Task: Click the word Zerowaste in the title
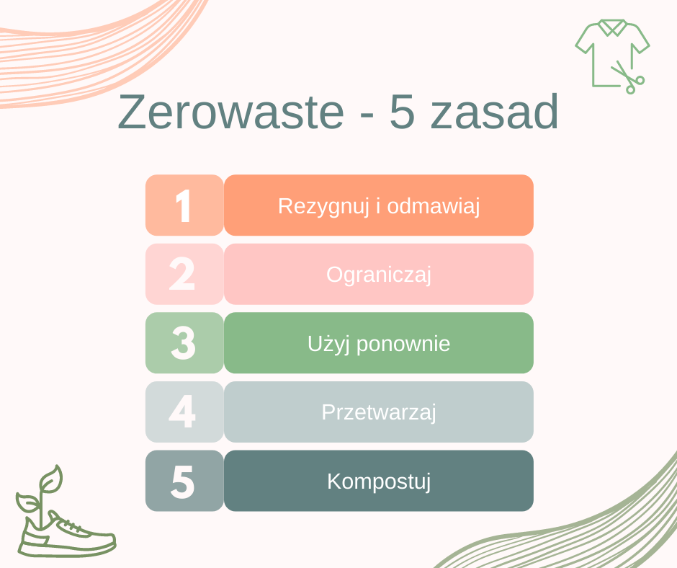231,112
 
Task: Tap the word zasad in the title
494,112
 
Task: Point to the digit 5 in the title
402,112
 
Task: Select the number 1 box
184,205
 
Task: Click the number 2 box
184,274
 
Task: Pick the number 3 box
184,343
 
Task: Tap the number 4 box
184,412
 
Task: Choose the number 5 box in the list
184,481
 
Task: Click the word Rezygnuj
323,207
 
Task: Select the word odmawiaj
434,206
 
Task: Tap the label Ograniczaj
379,275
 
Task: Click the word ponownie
403,345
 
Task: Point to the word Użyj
328,345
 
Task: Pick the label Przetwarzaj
379,412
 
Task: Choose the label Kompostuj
379,482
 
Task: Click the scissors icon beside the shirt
628,79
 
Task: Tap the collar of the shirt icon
613,27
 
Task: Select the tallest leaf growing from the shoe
52,479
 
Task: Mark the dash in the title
367,117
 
